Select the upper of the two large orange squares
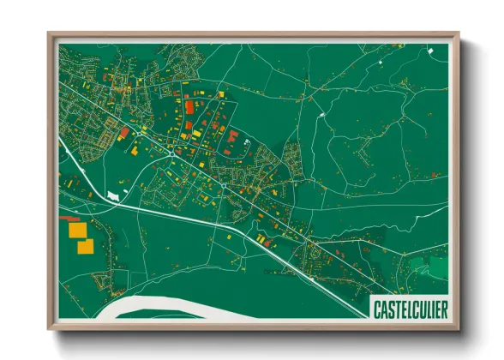click(77, 231)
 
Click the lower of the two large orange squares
click(85, 247)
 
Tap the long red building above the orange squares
click(68, 220)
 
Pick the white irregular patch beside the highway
click(113, 197)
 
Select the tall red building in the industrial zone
click(189, 106)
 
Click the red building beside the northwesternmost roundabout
click(123, 133)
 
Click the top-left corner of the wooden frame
click(50, 34)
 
